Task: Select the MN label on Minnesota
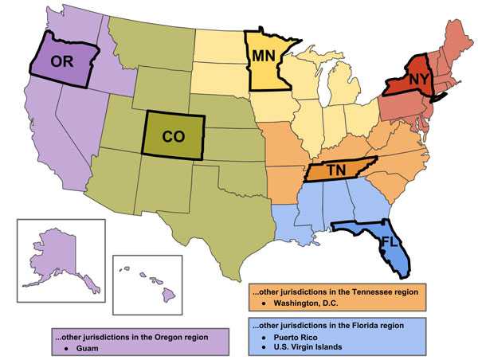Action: click(266, 57)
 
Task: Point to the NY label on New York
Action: click(419, 80)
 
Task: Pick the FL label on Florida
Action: click(389, 240)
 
